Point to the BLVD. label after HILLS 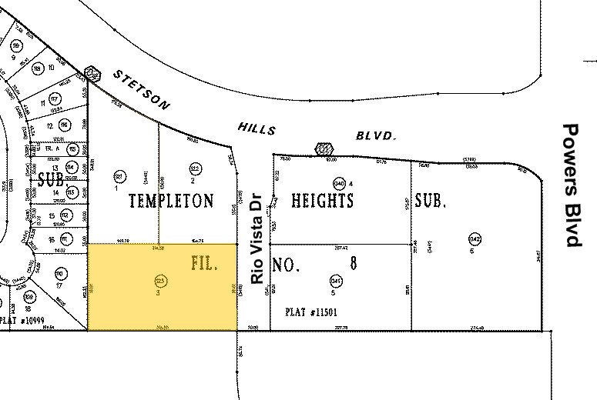(376, 135)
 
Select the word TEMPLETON (170, 202)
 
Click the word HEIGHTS (322, 201)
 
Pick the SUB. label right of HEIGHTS (431, 201)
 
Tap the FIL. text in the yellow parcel (204, 263)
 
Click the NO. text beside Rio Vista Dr (284, 265)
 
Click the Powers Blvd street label (571, 185)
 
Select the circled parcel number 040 (339, 183)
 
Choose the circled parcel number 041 (336, 280)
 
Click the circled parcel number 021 (119, 175)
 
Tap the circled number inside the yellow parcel (161, 279)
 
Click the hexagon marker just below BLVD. (324, 148)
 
